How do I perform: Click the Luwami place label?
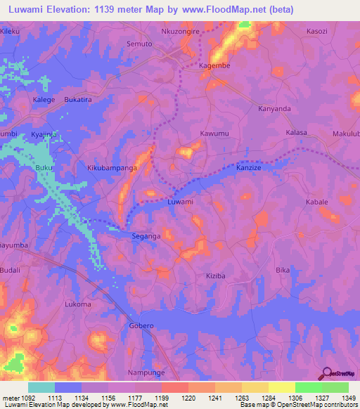[x=180, y=202]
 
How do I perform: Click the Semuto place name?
[x=138, y=43]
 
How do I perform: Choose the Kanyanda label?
[x=275, y=109]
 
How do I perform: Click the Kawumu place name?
[x=214, y=133]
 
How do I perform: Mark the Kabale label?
[x=317, y=202]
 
